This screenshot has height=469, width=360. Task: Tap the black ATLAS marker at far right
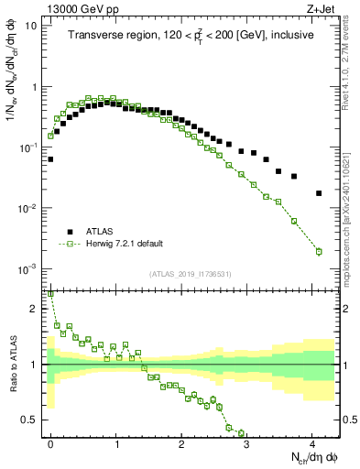pyautogui.click(x=318, y=193)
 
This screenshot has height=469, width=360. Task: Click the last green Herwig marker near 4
pyautogui.click(x=318, y=251)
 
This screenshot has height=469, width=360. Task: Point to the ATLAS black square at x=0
pyautogui.click(x=50, y=159)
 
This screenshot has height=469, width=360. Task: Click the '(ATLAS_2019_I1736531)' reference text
pyautogui.click(x=191, y=274)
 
